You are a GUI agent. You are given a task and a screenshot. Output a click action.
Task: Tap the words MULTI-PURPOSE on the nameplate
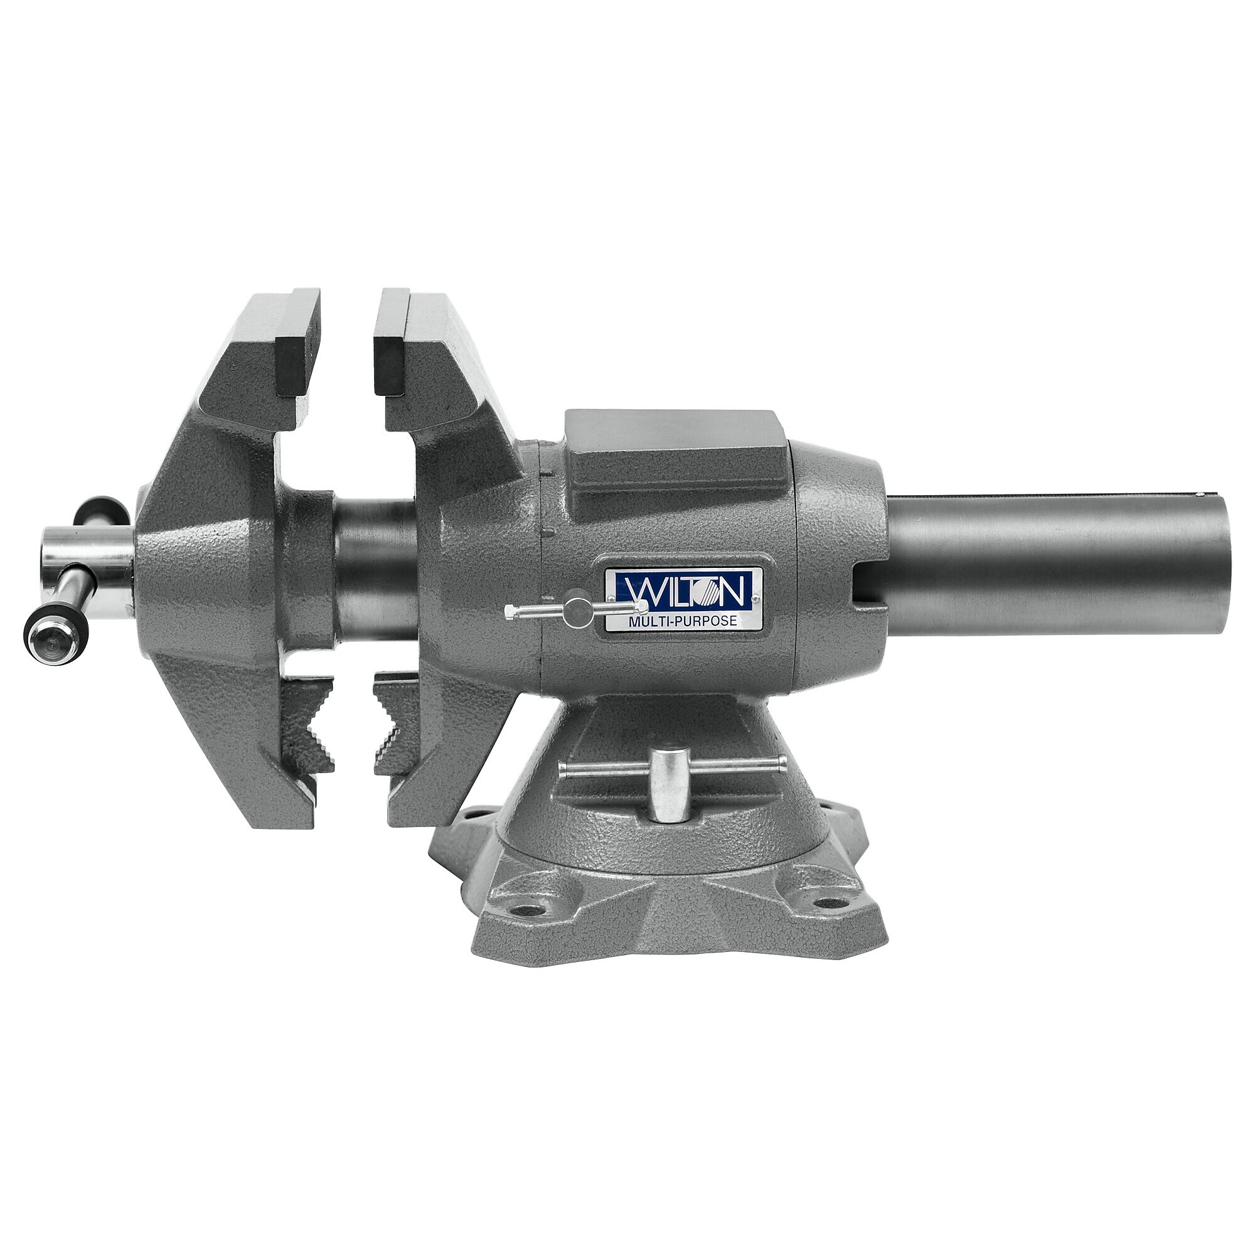coord(682,621)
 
